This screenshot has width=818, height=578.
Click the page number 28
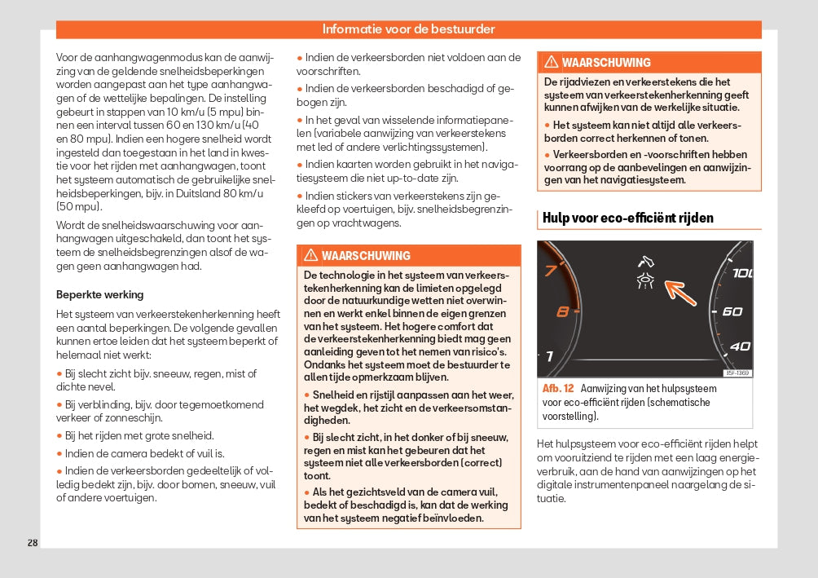pos(33,543)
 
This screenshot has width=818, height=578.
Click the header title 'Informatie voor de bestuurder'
pos(408,29)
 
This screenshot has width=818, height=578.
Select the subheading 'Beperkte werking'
pos(99,294)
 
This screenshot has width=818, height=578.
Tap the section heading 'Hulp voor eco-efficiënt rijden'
pos(628,218)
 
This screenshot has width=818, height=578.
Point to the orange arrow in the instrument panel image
pos(679,290)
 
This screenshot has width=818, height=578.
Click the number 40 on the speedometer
pos(739,346)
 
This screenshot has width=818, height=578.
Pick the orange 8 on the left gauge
pos(562,311)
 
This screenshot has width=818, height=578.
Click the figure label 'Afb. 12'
pos(558,389)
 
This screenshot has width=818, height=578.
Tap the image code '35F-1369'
pos(737,373)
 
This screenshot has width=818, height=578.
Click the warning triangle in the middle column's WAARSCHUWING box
pos(310,256)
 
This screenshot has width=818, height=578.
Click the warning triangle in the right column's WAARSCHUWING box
pos(552,63)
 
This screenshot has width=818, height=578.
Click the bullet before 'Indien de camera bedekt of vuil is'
pos(59,453)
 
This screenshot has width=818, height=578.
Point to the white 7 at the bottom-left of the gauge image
pos(549,356)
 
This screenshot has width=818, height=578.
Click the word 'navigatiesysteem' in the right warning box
pos(644,180)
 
